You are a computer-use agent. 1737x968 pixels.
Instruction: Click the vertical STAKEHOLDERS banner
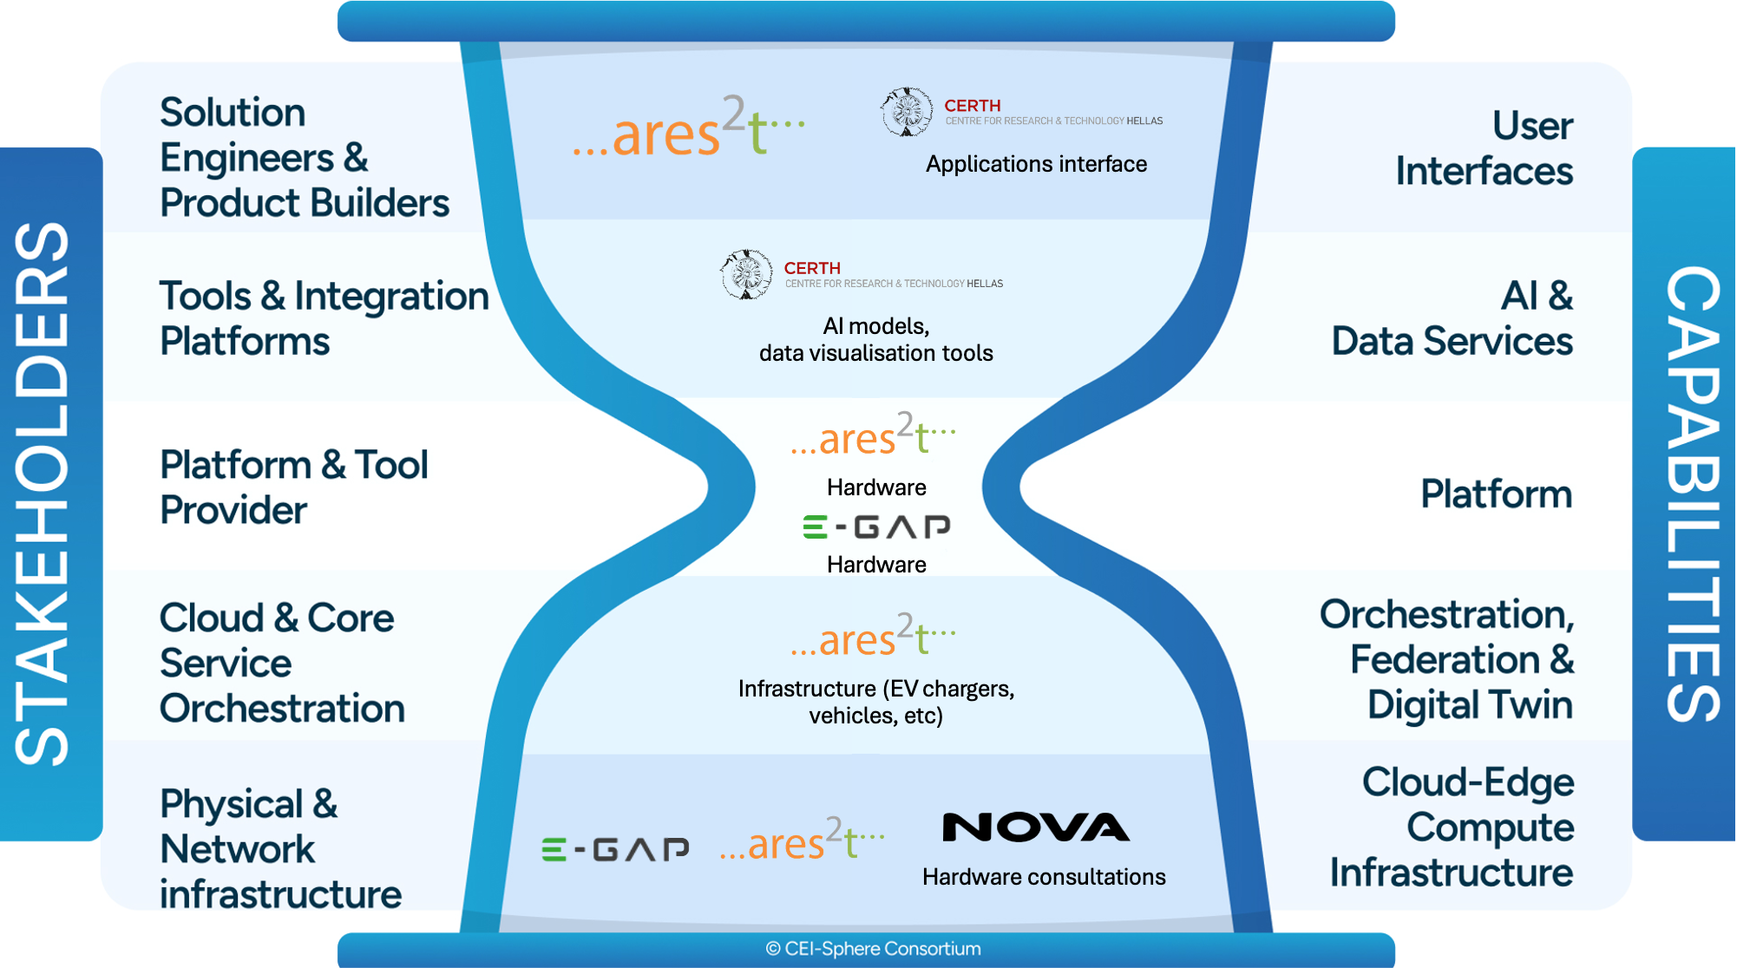point(43,494)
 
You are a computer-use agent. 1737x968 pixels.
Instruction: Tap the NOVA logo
point(1036,827)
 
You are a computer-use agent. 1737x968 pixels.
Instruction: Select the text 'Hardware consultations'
point(1044,877)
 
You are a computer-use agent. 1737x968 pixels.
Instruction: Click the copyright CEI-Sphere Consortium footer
point(873,949)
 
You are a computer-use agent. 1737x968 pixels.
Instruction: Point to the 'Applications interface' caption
point(1036,164)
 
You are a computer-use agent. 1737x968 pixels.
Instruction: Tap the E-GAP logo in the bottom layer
point(615,848)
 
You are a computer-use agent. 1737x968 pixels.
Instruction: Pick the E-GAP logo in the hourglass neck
point(876,527)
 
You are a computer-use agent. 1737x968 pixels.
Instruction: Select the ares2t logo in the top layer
point(689,128)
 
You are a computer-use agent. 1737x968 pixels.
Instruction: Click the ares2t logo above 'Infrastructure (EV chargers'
point(873,636)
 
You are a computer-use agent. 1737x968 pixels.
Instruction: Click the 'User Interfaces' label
point(1485,148)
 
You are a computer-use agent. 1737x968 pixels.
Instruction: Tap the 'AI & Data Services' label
point(1452,318)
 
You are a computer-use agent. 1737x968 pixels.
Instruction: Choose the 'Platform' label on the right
point(1496,494)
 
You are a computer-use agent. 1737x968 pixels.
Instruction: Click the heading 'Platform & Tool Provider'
point(293,487)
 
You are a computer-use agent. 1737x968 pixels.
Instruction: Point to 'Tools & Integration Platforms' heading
point(324,318)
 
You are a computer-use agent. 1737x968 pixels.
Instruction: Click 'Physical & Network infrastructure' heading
point(279,848)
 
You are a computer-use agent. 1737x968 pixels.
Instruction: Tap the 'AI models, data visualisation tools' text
point(875,339)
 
